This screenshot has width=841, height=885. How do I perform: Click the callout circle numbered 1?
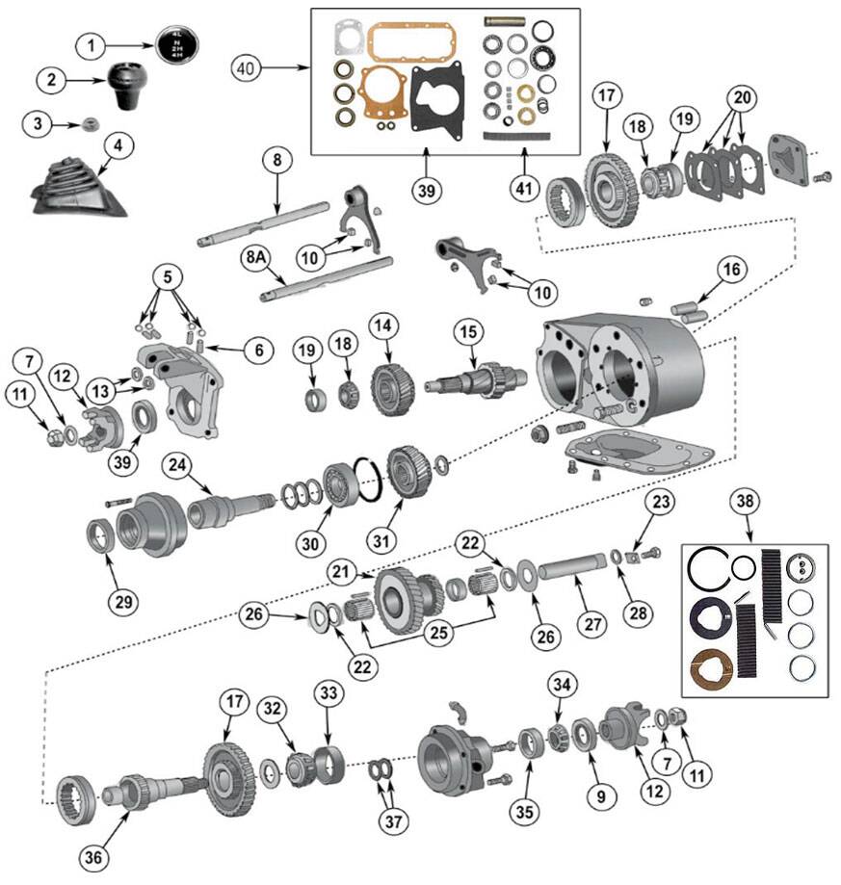tap(91, 45)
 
